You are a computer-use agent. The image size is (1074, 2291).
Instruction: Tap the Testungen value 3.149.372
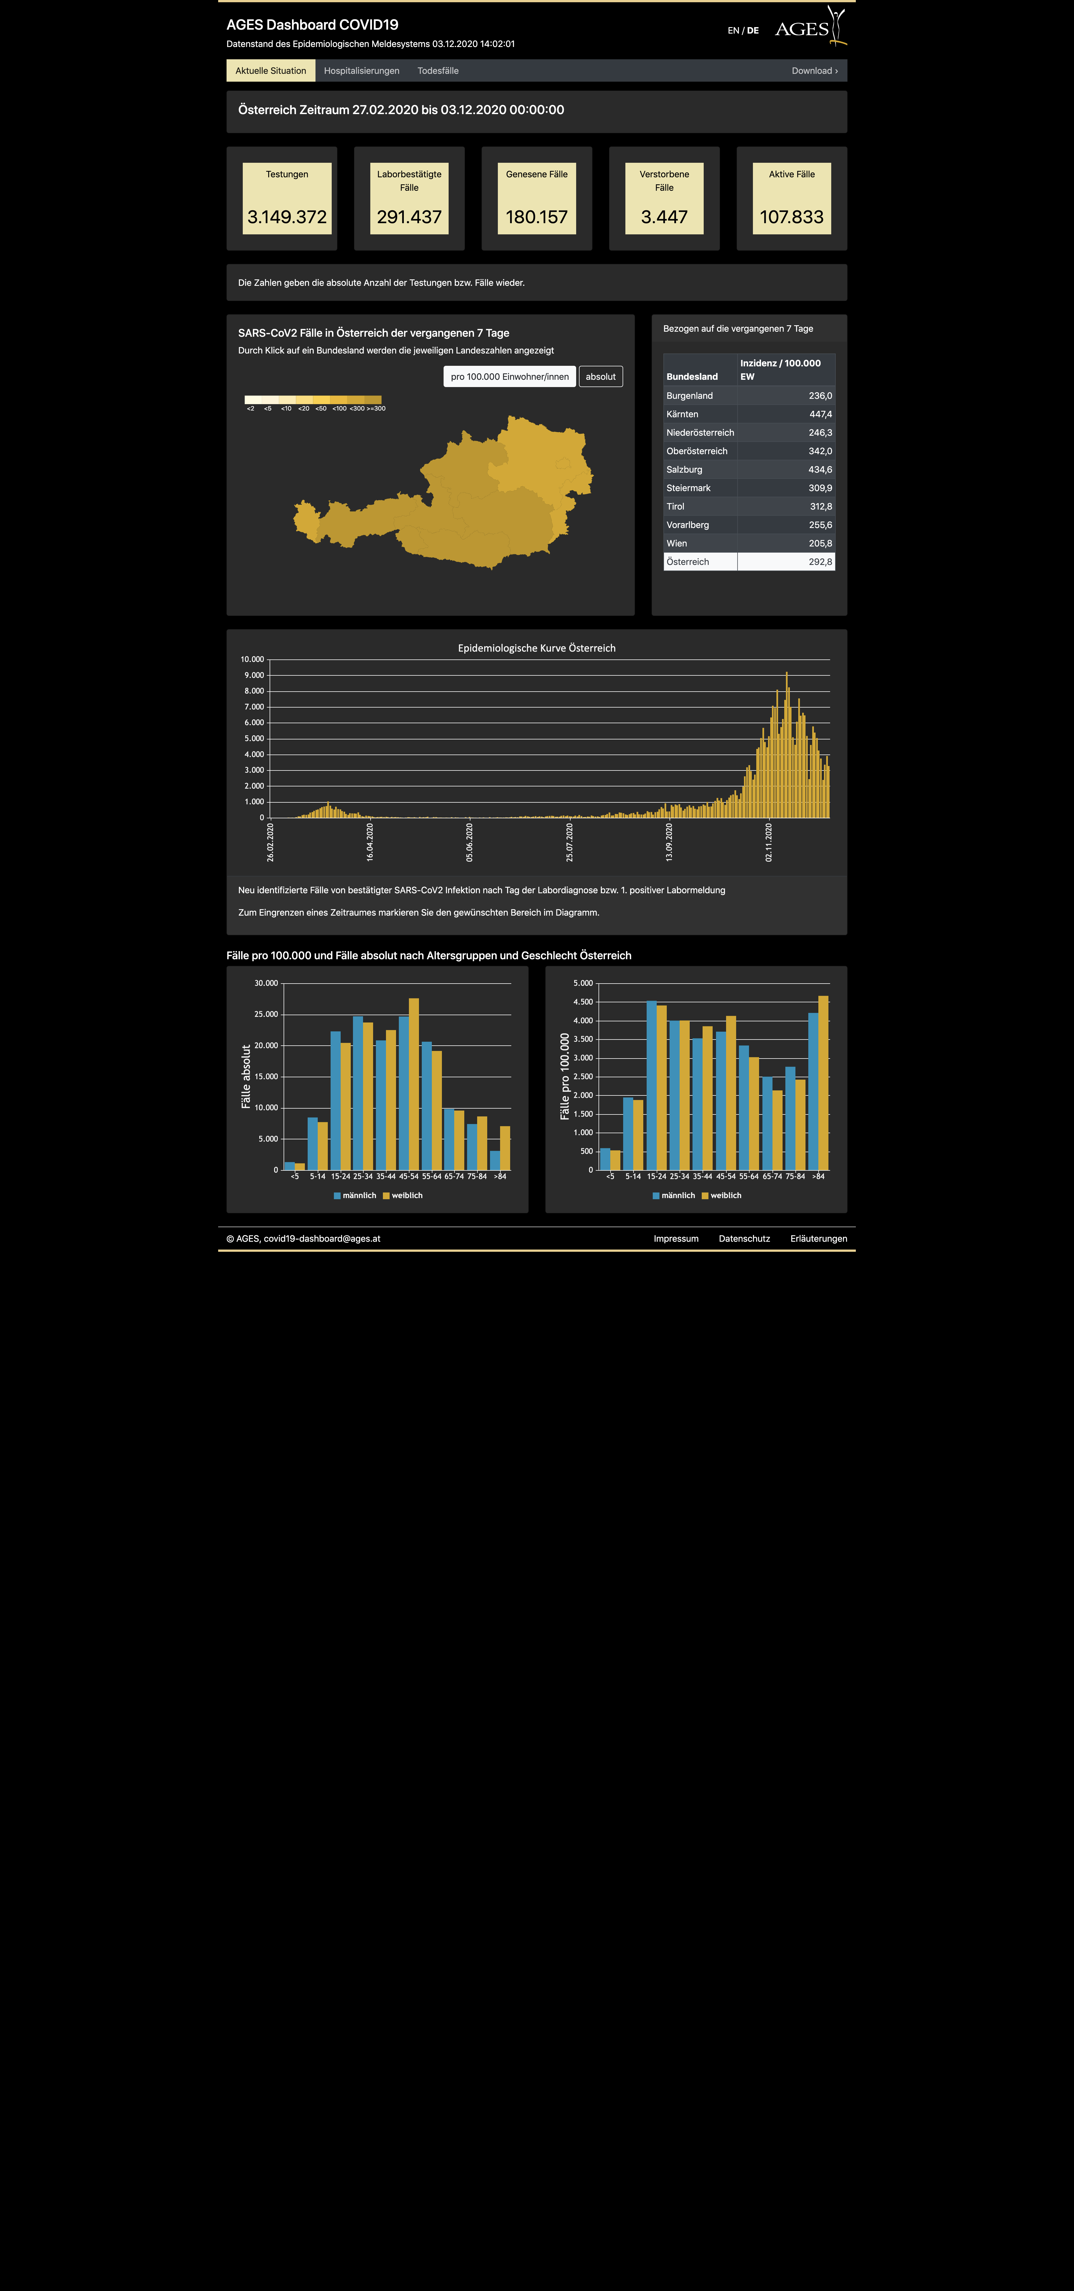click(x=287, y=217)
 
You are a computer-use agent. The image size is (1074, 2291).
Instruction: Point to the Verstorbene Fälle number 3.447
click(x=664, y=217)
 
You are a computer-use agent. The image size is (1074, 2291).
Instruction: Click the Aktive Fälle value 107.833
click(x=791, y=217)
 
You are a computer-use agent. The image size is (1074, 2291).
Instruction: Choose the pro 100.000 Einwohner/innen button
click(x=509, y=376)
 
